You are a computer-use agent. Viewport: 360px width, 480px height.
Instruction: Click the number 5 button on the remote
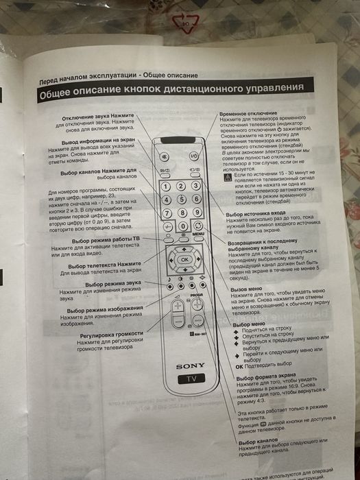pyautogui.click(x=182, y=199)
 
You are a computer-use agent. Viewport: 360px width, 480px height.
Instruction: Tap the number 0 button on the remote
pyautogui.click(x=182, y=226)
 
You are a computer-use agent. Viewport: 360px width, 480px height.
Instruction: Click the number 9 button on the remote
pyautogui.click(x=197, y=212)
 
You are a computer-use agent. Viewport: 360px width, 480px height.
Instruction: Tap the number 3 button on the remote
pyautogui.click(x=197, y=186)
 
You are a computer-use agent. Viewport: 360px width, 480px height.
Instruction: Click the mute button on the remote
pyautogui.click(x=165, y=156)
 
